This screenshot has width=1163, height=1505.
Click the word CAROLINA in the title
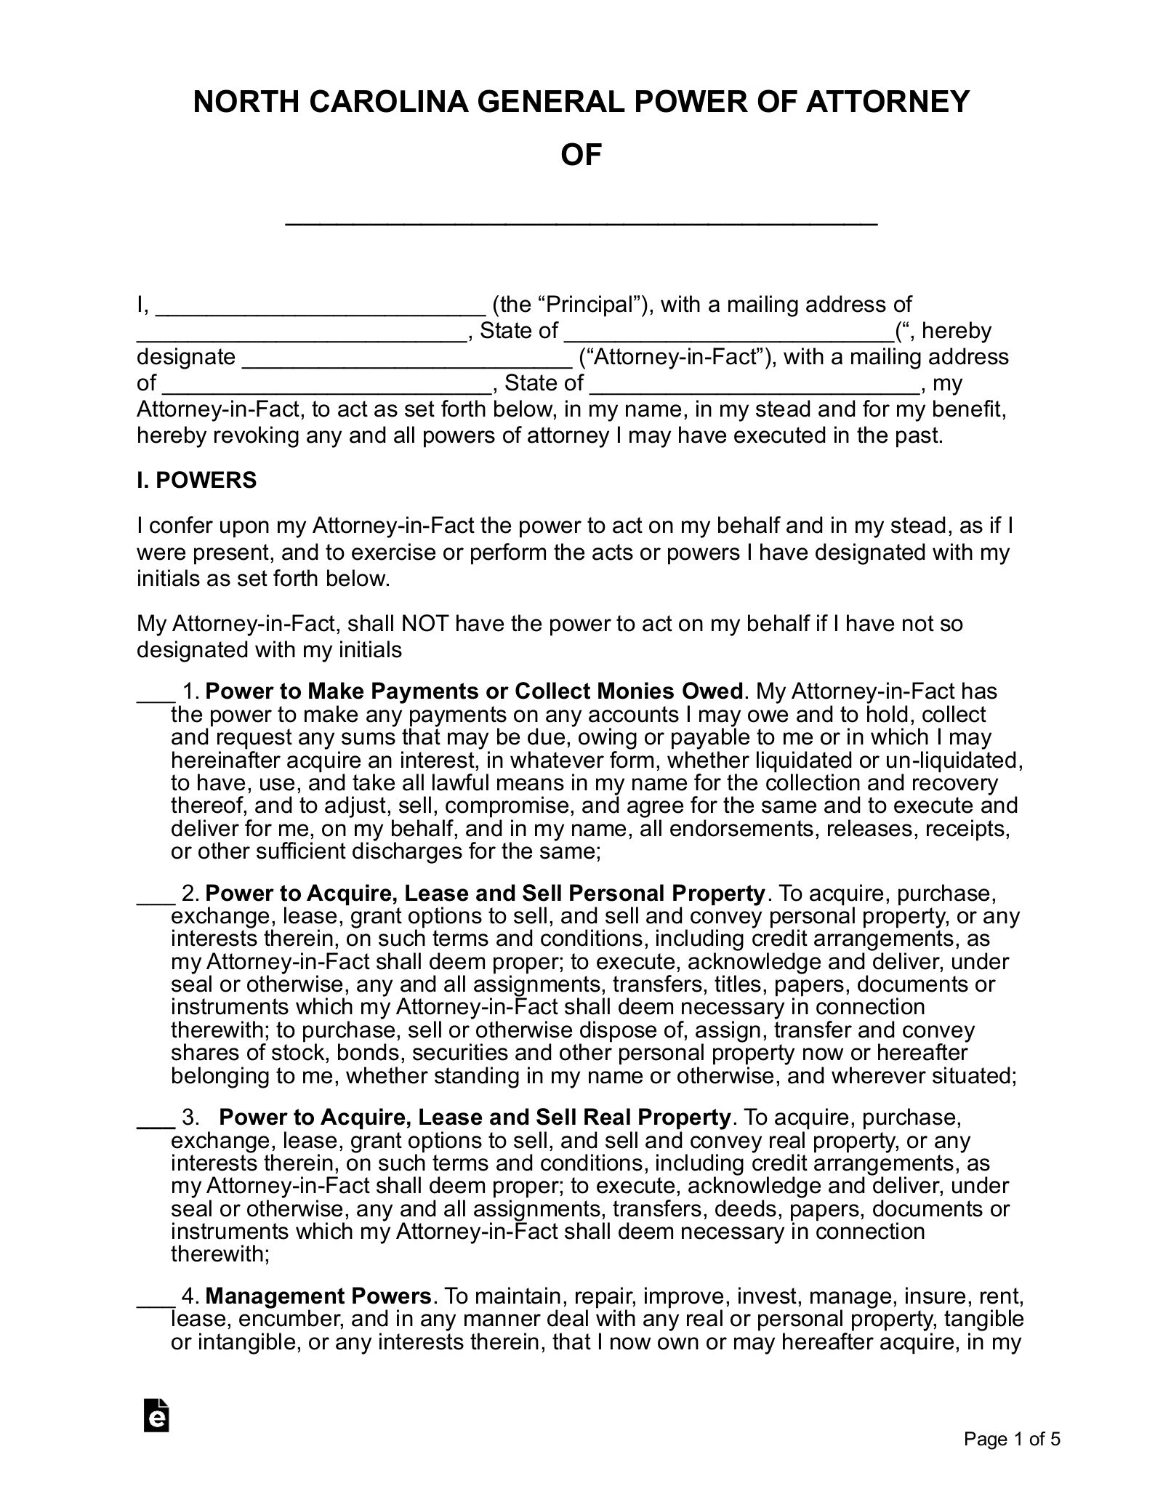tap(387, 103)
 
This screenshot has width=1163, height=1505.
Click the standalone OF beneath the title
tap(581, 155)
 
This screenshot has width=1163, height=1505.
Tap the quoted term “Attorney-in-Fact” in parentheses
tap(675, 357)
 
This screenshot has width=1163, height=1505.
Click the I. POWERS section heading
tap(196, 481)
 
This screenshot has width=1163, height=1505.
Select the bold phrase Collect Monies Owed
tap(629, 691)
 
